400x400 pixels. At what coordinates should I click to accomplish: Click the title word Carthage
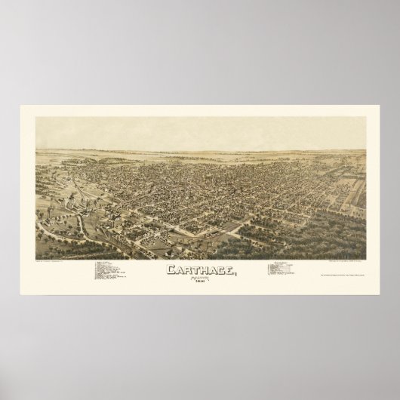tap(199, 269)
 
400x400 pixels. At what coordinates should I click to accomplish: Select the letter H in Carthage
tap(200, 270)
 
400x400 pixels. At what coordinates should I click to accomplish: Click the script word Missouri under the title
tap(199, 277)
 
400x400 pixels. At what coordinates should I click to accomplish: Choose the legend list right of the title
tap(284, 270)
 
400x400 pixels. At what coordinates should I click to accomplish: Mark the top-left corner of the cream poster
tap(22, 106)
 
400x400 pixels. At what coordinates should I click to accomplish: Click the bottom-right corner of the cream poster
tap(378, 297)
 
